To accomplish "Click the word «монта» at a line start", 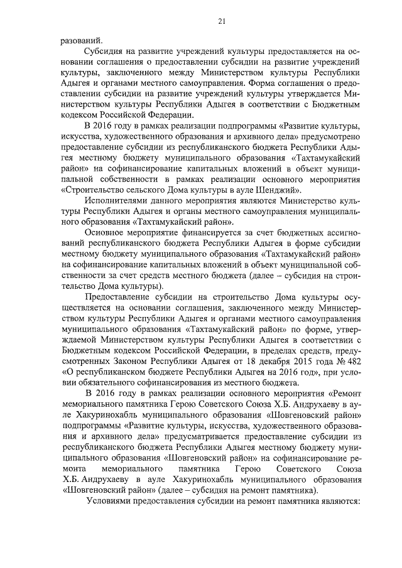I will click(73, 470).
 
